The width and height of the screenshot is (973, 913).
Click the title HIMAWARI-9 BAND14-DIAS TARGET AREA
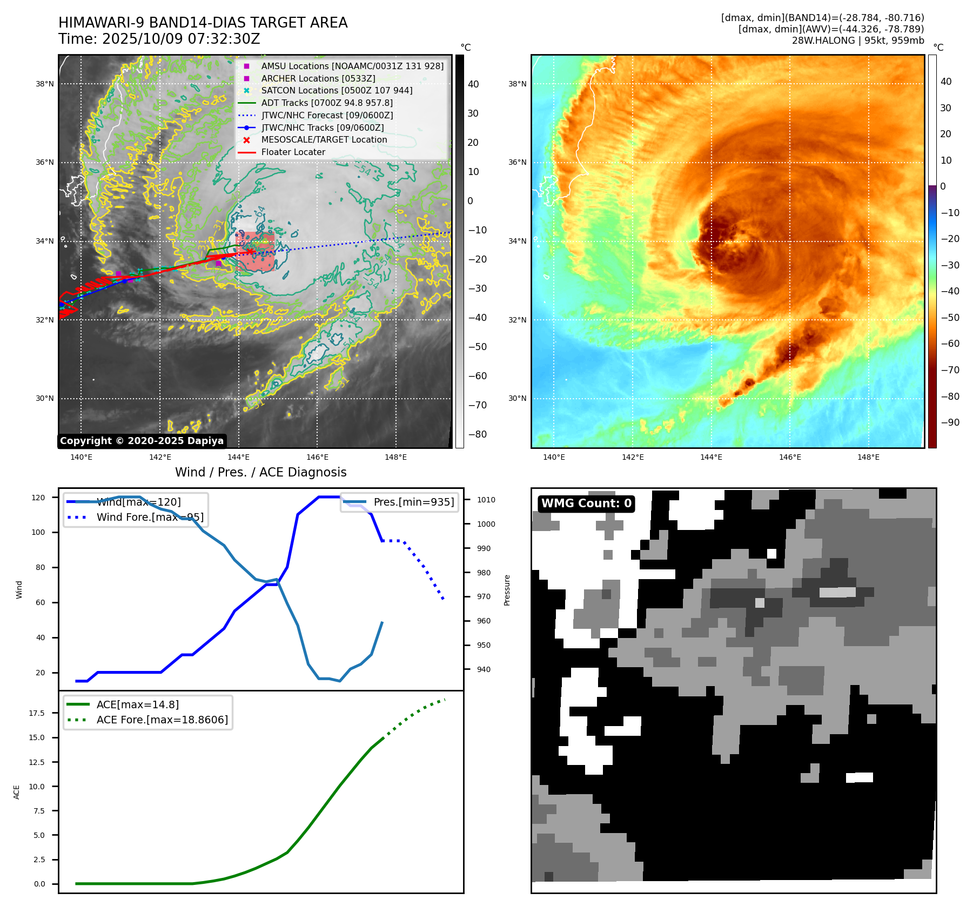click(203, 23)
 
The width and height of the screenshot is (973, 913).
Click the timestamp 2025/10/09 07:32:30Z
click(181, 39)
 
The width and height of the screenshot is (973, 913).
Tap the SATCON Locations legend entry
click(336, 90)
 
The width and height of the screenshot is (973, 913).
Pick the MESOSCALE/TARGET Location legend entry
click(324, 139)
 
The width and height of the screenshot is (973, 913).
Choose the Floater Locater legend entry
click(293, 152)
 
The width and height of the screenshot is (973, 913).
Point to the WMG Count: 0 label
click(586, 504)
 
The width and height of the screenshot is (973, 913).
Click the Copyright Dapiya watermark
click(142, 441)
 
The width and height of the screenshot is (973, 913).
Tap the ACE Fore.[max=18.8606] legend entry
click(162, 720)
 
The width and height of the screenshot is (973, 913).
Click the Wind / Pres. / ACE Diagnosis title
click(260, 472)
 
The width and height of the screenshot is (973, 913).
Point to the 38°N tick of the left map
click(45, 84)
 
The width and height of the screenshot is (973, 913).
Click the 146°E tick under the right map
click(790, 457)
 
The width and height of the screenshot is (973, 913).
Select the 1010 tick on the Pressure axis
click(486, 500)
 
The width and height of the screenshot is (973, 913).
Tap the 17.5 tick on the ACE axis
click(37, 713)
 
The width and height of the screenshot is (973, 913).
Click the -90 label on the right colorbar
click(950, 422)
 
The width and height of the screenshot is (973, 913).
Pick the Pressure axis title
click(507, 590)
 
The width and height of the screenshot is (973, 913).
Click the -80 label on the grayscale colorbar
click(477, 434)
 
